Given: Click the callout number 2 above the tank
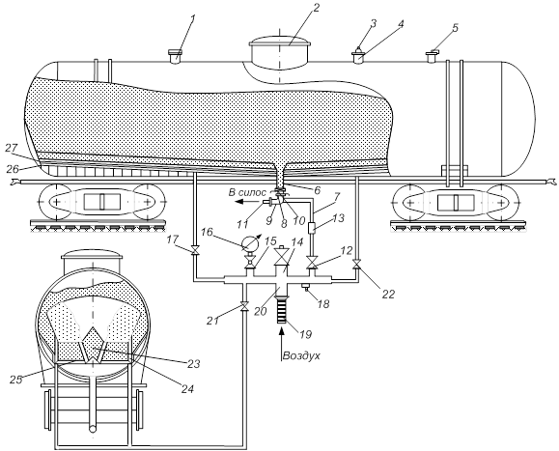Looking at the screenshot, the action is tap(317, 8).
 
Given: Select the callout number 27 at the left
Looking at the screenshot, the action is tap(12, 148).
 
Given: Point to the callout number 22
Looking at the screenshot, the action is tap(388, 294).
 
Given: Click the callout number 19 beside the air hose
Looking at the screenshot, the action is tap(306, 334).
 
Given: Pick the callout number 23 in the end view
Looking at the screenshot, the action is tap(194, 364).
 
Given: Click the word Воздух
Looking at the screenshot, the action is tap(301, 355).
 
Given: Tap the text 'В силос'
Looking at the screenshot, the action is tap(247, 192).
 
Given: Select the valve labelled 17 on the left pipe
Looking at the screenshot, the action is tap(195, 251).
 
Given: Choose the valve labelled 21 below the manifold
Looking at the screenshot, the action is tap(244, 306).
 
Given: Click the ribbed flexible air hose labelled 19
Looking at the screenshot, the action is tap(282, 311).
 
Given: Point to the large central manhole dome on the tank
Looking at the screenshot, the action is tap(280, 53).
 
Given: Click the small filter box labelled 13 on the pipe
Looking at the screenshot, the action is tap(312, 228).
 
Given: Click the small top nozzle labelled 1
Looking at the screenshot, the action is tap(175, 56).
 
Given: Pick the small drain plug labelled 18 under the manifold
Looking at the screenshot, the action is tap(305, 286).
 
